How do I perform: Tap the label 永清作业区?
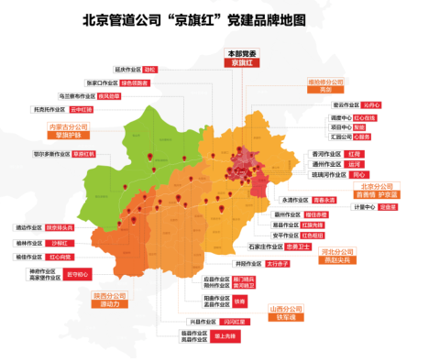click(294, 198)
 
